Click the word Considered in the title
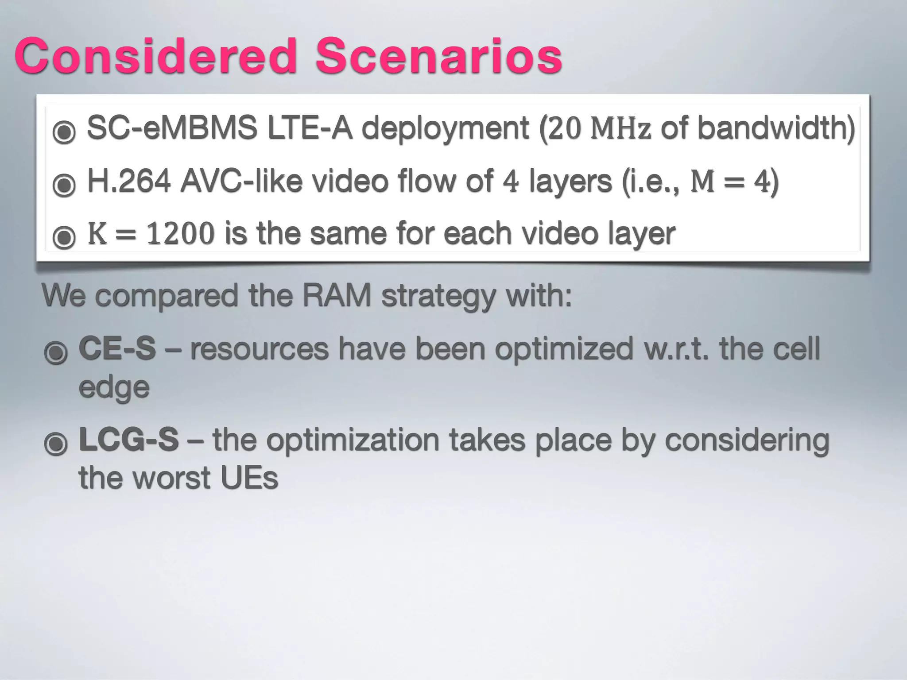(155, 56)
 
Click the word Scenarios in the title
(438, 56)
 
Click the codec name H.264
(129, 182)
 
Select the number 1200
(180, 234)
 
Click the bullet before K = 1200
(64, 237)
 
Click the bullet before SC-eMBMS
(64, 132)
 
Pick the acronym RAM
(337, 295)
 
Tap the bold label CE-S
(117, 349)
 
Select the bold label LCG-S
(128, 440)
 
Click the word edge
(114, 388)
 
